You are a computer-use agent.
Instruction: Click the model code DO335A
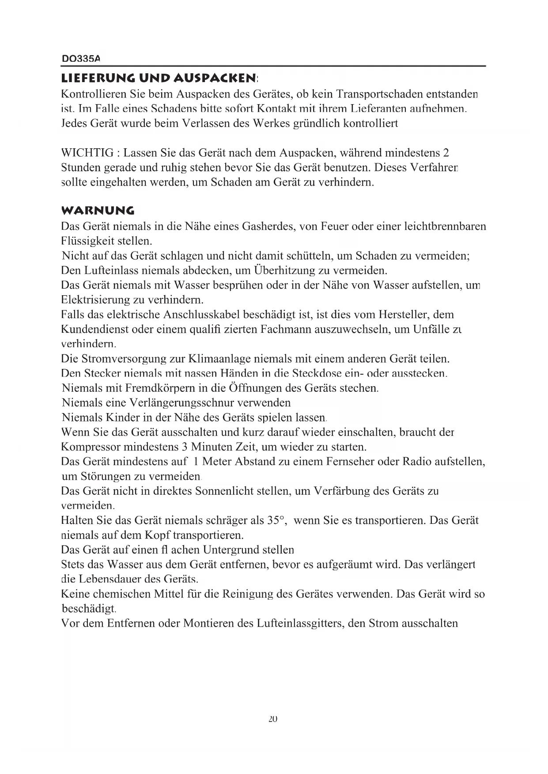(x=80, y=58)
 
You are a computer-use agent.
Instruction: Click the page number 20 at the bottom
(x=272, y=718)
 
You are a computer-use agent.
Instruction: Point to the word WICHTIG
(x=87, y=153)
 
